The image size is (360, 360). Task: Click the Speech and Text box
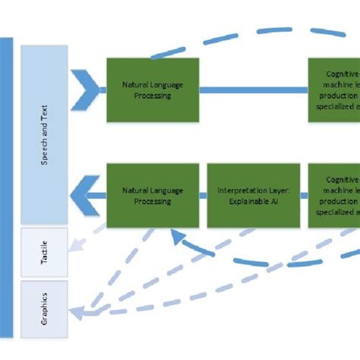point(44,133)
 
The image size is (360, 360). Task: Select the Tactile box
point(44,251)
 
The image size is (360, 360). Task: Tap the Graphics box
point(44,308)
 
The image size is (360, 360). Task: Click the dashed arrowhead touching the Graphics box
point(76,311)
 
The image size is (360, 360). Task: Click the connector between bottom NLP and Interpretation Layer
point(204,196)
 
